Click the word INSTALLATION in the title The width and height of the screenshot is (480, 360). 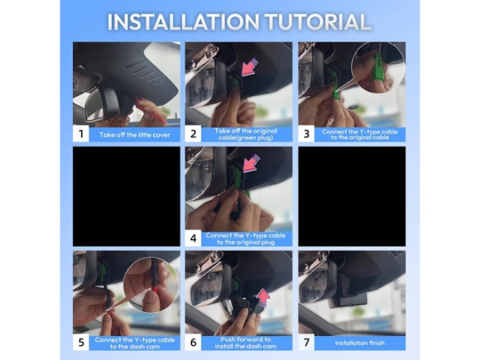point(183,22)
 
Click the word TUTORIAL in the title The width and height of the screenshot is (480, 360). point(318,22)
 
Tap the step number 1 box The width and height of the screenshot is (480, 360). point(81,134)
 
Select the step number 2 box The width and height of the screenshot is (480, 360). point(193,134)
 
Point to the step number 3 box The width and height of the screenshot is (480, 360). point(306,134)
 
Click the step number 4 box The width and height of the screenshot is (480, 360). point(193,238)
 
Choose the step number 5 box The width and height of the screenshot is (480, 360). point(81,343)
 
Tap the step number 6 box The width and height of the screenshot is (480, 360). point(193,343)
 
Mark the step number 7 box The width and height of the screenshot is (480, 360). point(306,343)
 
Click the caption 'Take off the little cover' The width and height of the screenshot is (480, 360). point(135,135)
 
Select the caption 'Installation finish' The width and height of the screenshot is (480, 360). point(360,343)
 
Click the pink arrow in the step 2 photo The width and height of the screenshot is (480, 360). point(250,68)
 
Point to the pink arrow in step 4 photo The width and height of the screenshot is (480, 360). point(251,163)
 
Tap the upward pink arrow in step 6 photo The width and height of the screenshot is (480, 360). point(263,298)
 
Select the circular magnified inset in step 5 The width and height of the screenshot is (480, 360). point(151,285)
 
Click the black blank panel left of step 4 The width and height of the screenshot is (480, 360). point(127,196)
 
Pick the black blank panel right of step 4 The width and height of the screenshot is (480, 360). point(352,196)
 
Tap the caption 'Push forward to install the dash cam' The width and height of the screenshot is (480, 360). point(246,343)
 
